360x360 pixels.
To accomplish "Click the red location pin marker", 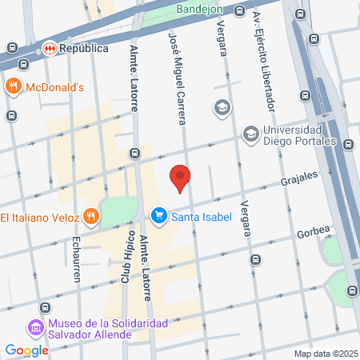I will [x=181, y=177].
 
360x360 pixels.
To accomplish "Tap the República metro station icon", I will [x=50, y=48].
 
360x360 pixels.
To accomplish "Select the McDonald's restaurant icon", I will [x=12, y=86].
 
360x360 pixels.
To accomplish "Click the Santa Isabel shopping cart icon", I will [x=158, y=215].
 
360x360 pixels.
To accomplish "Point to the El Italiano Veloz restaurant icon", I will [x=92, y=216].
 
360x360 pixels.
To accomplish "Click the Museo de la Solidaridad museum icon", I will [x=34, y=328].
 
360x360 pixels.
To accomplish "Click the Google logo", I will [x=26, y=350].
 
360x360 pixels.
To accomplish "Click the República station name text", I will [x=84, y=48].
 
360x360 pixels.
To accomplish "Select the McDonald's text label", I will [x=55, y=86].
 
